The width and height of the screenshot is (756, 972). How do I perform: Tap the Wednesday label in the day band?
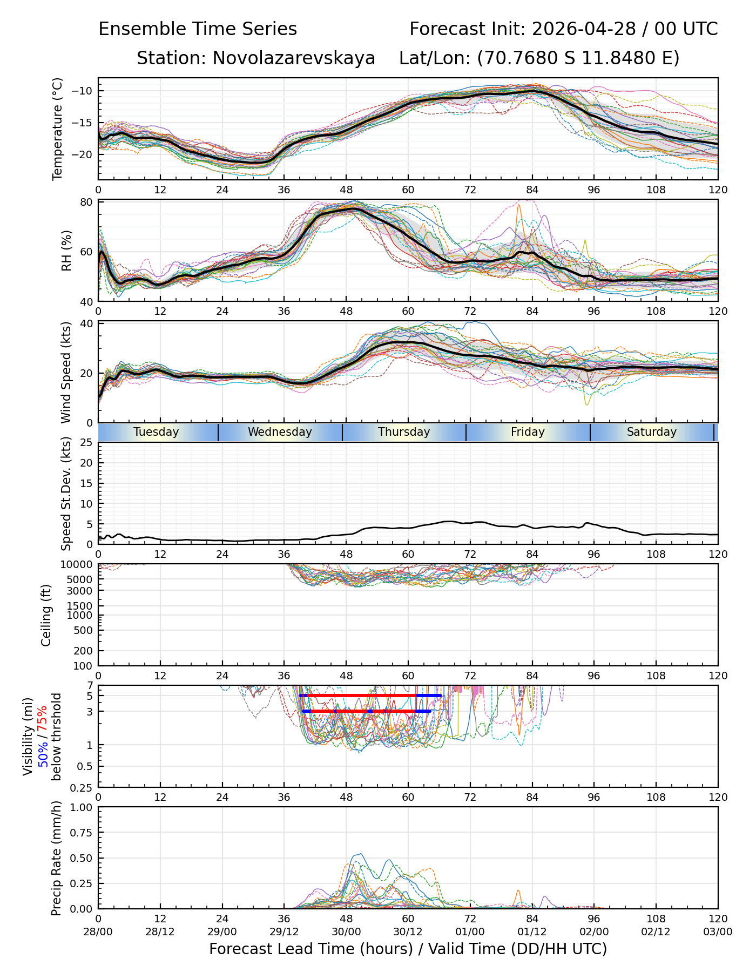point(280,432)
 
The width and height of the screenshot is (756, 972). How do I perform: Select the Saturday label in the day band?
point(652,432)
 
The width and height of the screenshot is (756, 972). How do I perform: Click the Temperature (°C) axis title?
point(58,129)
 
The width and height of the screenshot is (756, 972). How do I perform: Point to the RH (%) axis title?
point(66,251)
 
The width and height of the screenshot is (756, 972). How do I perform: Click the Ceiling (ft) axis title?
point(46,615)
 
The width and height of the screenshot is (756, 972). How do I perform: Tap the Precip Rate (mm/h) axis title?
point(57,858)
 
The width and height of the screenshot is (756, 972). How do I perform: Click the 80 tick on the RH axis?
point(87,202)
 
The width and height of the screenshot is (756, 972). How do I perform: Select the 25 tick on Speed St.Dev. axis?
point(87,443)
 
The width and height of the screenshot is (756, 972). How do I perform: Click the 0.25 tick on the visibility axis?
point(84,787)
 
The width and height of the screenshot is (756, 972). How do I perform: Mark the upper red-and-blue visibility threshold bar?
point(370,696)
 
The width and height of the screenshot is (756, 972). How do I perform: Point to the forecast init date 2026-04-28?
point(584,29)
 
